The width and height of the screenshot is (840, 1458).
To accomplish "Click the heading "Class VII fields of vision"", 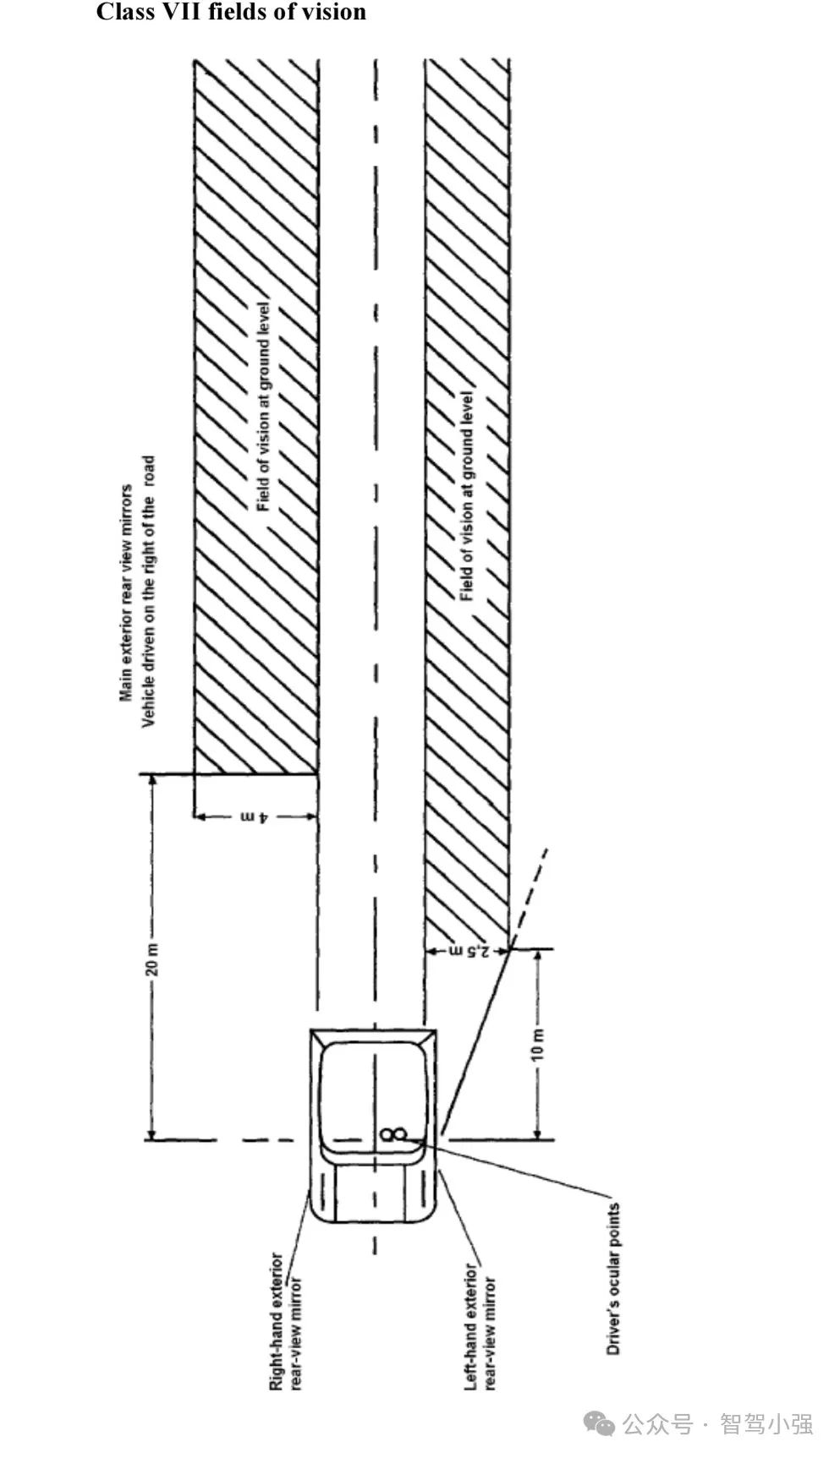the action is click(x=231, y=13).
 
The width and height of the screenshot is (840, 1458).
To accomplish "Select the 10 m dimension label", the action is click(x=538, y=1045).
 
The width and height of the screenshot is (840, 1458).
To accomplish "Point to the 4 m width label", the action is click(x=255, y=816).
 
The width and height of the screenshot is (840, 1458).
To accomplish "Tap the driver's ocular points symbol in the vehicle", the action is click(x=394, y=1134).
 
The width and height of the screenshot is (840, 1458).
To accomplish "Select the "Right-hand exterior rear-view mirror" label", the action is click(x=285, y=1320).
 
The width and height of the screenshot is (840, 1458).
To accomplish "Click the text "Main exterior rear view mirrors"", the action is click(x=127, y=592).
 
